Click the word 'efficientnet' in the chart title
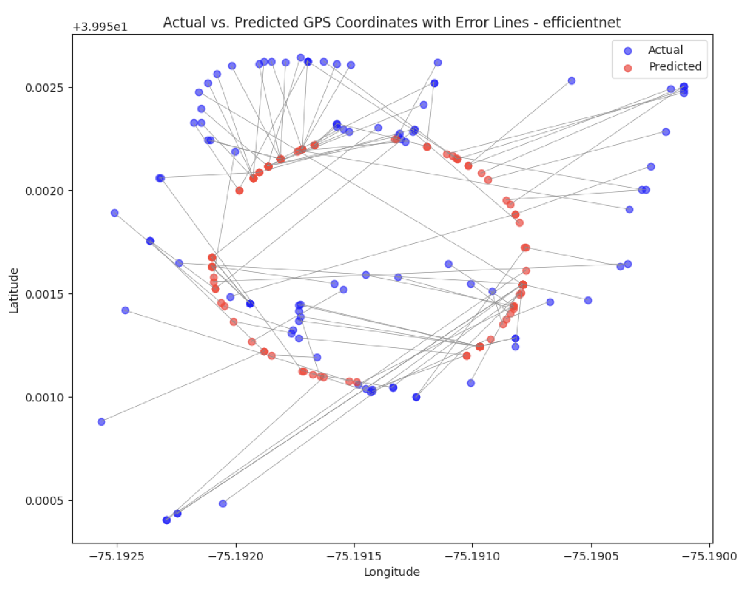[582, 23]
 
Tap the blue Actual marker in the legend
[627, 51]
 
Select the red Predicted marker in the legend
[627, 68]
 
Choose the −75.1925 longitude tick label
[117, 556]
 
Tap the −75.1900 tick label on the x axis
[709, 556]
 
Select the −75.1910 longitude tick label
[472, 556]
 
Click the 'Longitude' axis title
[392, 572]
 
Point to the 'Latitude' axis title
[14, 291]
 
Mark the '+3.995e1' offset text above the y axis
[100, 27]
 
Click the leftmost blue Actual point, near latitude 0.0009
[101, 422]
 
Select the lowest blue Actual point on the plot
[167, 520]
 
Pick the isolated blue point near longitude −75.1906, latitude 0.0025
[571, 81]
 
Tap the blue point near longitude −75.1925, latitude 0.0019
[115, 213]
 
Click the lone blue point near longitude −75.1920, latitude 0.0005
[223, 504]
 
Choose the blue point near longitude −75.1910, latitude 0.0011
[471, 383]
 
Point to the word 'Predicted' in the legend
[675, 67]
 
